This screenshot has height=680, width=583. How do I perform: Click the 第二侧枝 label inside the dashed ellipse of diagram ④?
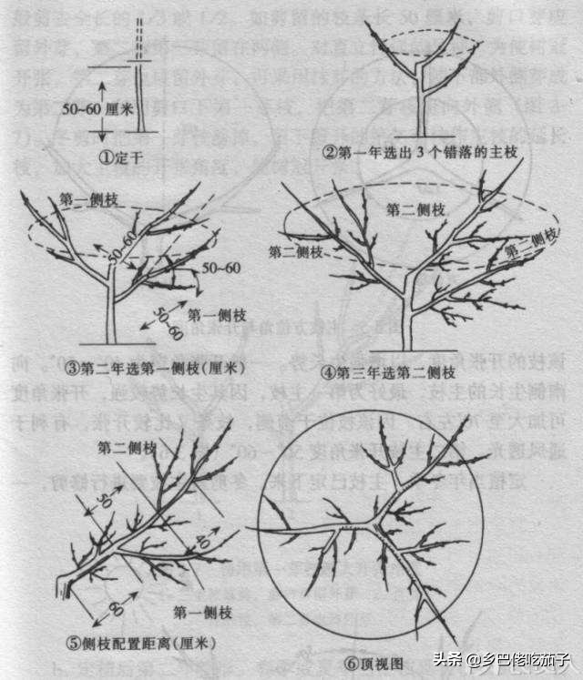click(x=414, y=210)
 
